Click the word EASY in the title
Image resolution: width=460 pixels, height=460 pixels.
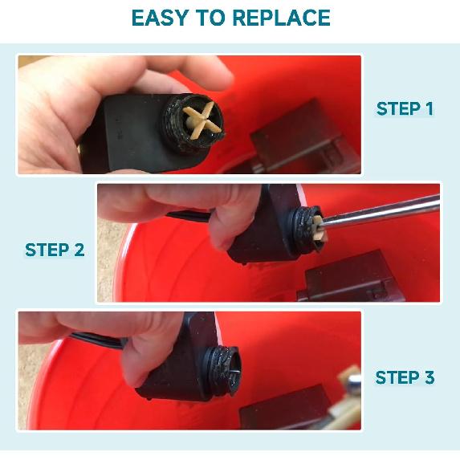click(160, 18)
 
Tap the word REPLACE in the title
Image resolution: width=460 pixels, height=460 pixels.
click(281, 18)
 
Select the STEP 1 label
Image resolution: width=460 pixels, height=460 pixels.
click(405, 108)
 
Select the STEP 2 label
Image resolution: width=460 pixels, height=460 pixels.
click(55, 250)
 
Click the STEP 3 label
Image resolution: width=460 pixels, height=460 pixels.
click(405, 377)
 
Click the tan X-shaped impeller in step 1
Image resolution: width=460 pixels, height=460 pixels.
click(202, 120)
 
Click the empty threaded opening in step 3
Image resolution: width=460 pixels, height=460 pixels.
click(234, 371)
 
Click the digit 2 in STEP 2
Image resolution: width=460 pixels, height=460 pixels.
click(79, 250)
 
